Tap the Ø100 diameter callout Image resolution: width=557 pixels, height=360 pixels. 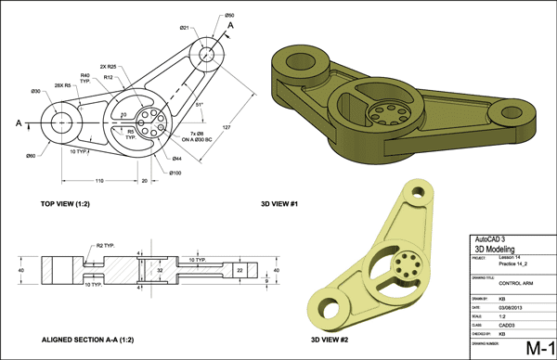click(x=175, y=172)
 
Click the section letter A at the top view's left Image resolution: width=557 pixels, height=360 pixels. click(x=19, y=122)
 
